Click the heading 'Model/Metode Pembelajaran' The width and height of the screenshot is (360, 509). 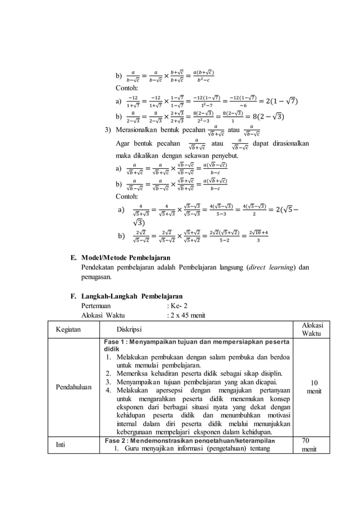tap(126, 258)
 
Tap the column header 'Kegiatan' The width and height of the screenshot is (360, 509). tap(68, 329)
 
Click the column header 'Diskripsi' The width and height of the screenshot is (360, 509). tap(129, 329)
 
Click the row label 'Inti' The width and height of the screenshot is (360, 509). tap(60, 445)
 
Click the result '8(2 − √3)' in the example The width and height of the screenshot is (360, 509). tap(257, 117)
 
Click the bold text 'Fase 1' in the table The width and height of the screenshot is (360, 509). tap(116, 343)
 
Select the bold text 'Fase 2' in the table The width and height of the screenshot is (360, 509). tap(116, 440)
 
